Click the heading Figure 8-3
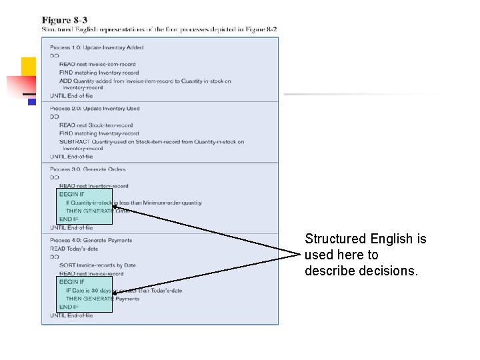[x=64, y=21]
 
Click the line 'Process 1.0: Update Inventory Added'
[x=96, y=47]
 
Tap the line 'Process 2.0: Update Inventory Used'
[x=95, y=109]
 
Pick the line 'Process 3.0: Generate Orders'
[x=87, y=169]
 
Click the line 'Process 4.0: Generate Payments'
[x=91, y=240]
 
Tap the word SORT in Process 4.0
[x=66, y=265]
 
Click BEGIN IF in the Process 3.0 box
[x=71, y=194]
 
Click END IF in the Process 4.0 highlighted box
[x=69, y=307]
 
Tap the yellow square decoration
[x=28, y=67]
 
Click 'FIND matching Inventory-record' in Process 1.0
[x=99, y=73]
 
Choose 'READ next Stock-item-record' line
[x=95, y=125]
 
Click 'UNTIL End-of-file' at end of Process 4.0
[x=71, y=315]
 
